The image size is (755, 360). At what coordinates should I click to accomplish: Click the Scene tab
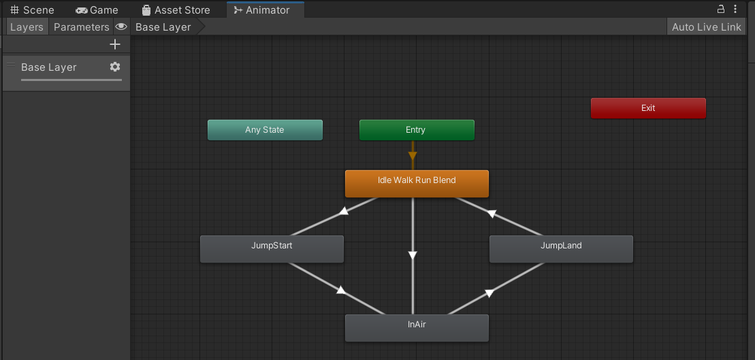coord(32,10)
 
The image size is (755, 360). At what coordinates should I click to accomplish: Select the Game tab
coord(97,10)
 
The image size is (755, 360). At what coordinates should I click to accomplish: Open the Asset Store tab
coord(176,10)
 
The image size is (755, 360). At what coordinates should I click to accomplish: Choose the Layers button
coord(27,27)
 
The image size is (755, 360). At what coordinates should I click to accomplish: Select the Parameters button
coord(81,27)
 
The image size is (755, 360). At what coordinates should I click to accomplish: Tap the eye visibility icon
coord(121,27)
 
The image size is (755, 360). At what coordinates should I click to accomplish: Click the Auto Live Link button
coord(707,27)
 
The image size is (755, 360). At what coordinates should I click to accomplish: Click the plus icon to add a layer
coord(114,44)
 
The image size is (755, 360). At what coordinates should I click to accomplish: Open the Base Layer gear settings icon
coord(114,67)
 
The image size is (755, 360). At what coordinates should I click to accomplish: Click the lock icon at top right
coord(721,9)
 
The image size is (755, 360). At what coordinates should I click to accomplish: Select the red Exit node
coord(648,108)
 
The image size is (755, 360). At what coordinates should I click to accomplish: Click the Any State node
coord(265,130)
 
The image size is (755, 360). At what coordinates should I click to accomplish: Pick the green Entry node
coord(417,130)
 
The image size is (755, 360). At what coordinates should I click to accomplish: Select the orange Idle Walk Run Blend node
coord(417,183)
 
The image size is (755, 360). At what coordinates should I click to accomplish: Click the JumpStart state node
coord(272,249)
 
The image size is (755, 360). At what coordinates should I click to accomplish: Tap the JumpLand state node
coord(561,249)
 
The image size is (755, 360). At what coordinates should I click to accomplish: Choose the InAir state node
coord(417,328)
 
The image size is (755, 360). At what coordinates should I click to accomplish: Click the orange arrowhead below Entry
coord(413,156)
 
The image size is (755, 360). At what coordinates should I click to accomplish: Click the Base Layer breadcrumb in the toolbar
coord(163,27)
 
